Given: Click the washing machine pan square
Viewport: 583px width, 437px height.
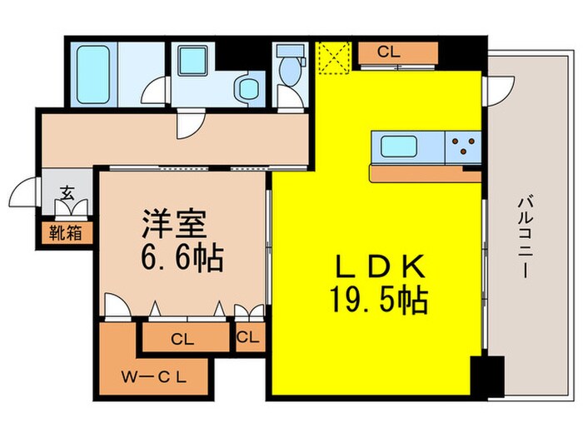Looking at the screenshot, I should coord(195,62).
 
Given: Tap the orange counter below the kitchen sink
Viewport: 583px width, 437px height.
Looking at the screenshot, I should coord(425,174).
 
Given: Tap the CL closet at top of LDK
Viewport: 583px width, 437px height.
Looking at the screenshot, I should coord(389,52).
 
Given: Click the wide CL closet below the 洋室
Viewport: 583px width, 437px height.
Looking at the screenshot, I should coord(184,338).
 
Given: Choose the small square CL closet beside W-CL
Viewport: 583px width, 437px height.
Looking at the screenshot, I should coord(247,337).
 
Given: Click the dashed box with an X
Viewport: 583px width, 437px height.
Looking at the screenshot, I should coord(334,57).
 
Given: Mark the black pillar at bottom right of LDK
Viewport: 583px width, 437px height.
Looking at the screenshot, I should coord(486,375).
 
